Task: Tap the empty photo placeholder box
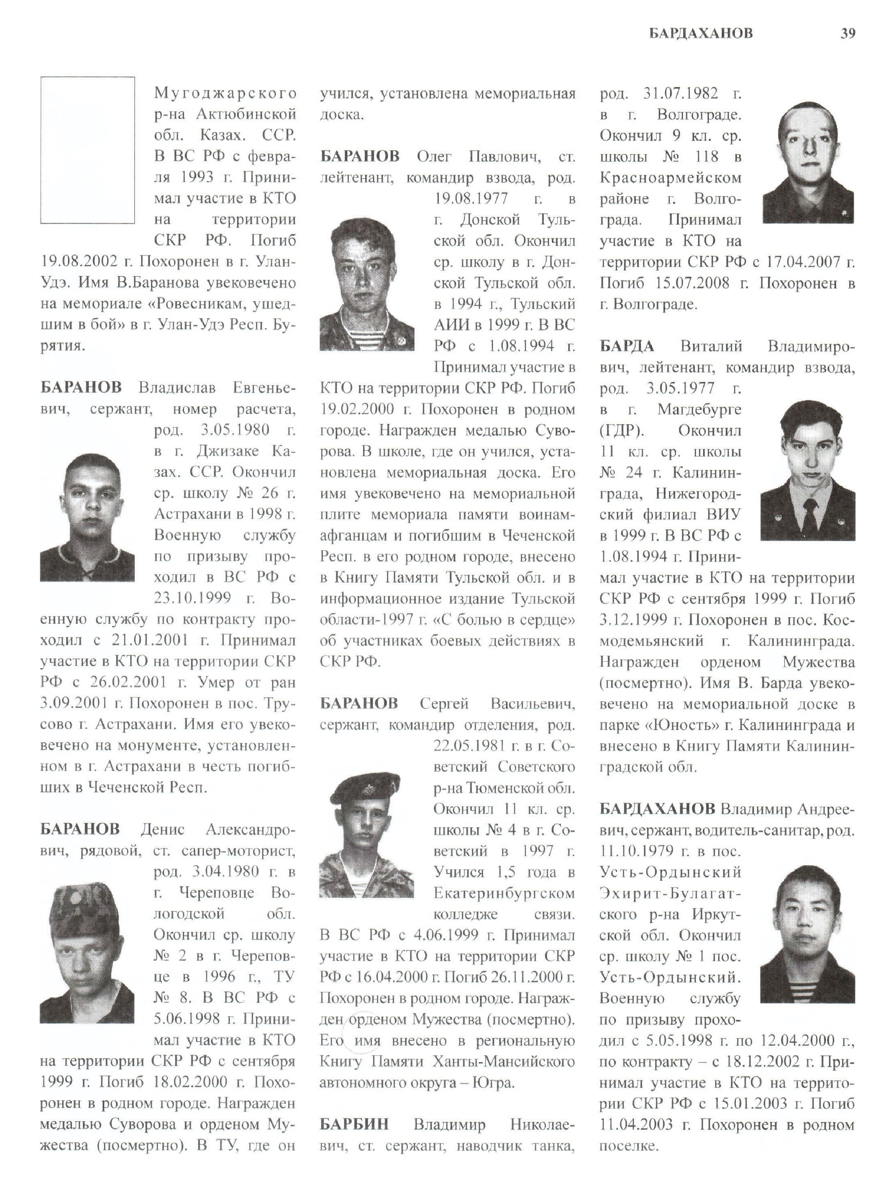pyautogui.click(x=88, y=150)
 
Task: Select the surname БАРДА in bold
pyautogui.click(x=626, y=346)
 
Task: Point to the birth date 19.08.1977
pyautogui.click(x=470, y=199)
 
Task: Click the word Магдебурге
pyautogui.click(x=699, y=409)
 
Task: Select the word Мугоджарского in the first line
pyautogui.click(x=225, y=93)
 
